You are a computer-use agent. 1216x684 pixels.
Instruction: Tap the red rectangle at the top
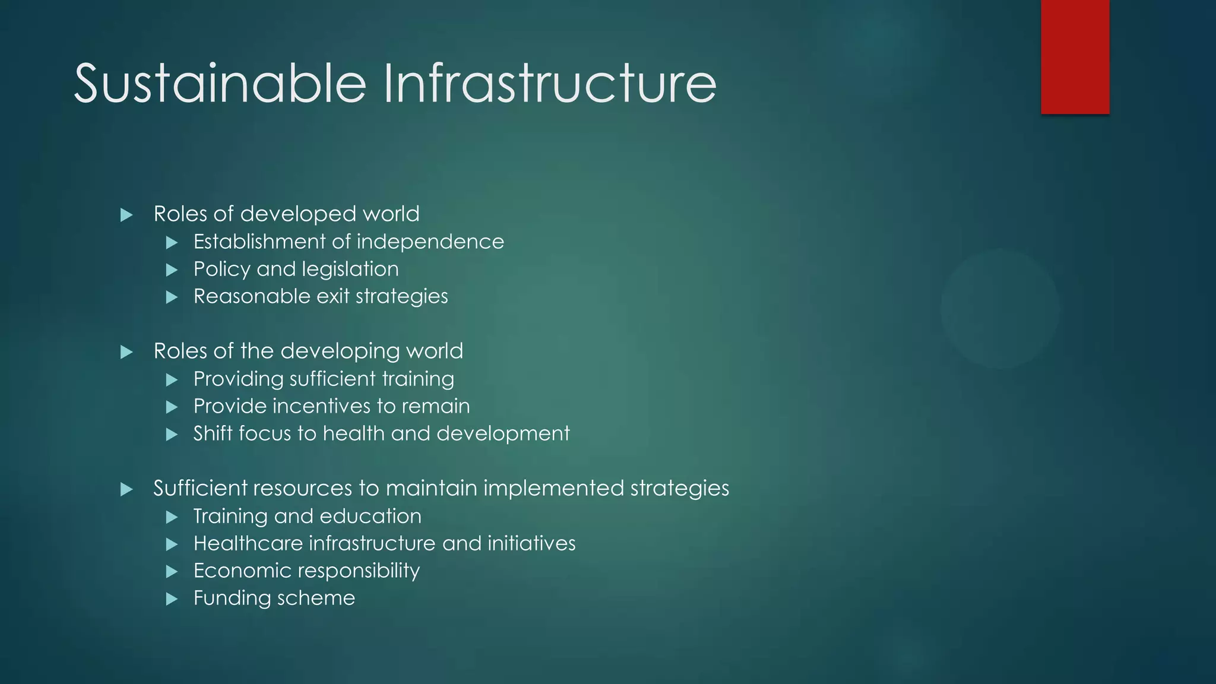pyautogui.click(x=1075, y=56)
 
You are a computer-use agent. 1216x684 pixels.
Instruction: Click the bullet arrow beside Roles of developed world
pyautogui.click(x=126, y=215)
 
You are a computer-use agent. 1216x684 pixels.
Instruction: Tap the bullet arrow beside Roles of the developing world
pyautogui.click(x=126, y=352)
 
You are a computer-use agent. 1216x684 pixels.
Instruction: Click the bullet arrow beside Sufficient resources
pyautogui.click(x=126, y=489)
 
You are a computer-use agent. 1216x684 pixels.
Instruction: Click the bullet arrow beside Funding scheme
pyautogui.click(x=172, y=598)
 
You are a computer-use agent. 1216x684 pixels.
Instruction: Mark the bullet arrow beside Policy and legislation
pyautogui.click(x=172, y=270)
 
